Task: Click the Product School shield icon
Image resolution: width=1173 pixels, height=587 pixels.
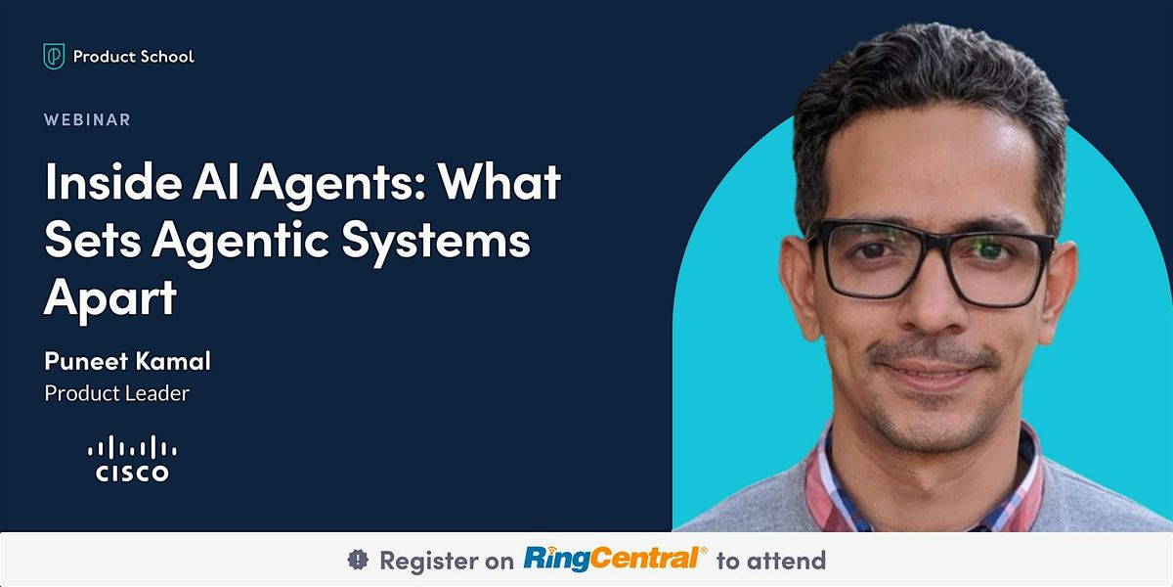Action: click(x=54, y=57)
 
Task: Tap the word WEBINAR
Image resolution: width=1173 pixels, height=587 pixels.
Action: click(x=87, y=120)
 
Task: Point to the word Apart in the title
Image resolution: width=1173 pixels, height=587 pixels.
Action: click(x=109, y=296)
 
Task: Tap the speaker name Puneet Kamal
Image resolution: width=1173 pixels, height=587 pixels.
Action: click(x=127, y=362)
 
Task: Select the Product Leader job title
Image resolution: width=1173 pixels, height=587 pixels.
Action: click(x=116, y=393)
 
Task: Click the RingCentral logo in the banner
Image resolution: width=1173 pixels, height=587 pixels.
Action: click(x=615, y=560)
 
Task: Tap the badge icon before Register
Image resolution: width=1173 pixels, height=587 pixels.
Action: click(x=359, y=561)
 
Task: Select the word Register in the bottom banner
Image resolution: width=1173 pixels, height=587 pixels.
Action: click(x=427, y=561)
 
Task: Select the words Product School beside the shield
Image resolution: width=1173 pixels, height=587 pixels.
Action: click(x=134, y=57)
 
